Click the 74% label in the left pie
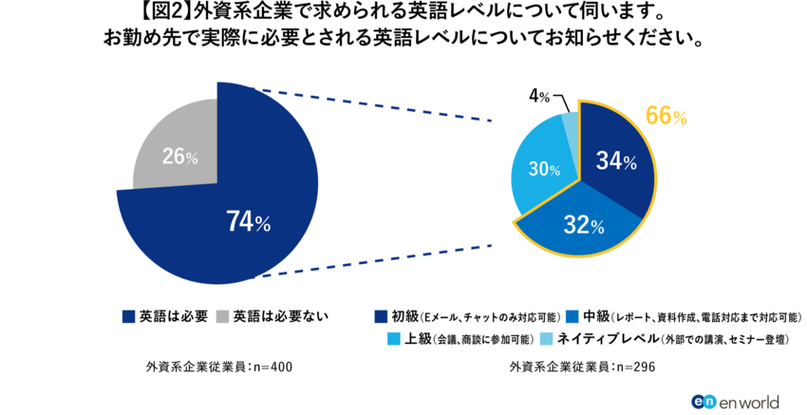[249, 222]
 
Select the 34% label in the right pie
[615, 161]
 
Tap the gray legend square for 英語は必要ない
[223, 316]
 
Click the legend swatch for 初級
[381, 316]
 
